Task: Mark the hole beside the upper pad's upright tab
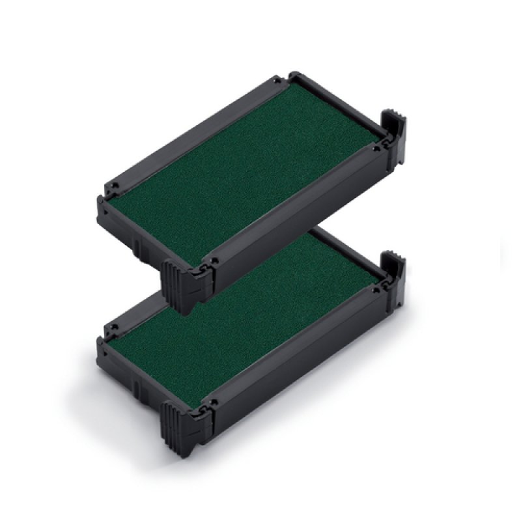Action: (375, 148)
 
